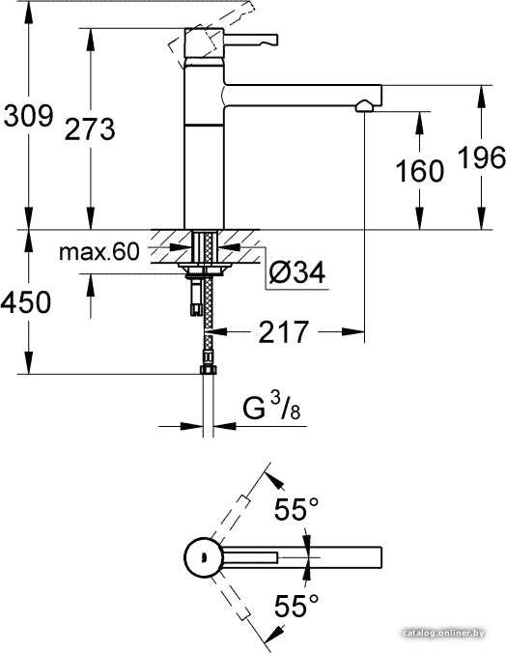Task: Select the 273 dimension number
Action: [90, 128]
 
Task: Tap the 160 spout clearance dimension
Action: [419, 171]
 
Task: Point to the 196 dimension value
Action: [482, 157]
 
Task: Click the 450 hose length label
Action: [26, 302]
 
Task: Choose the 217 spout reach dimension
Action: [284, 332]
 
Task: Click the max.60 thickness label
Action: [99, 252]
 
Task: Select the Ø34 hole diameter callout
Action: [296, 272]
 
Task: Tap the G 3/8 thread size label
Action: [271, 407]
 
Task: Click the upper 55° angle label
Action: [296, 508]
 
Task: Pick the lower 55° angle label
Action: [296, 605]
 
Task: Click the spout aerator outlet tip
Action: [365, 106]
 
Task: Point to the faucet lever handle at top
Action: [251, 40]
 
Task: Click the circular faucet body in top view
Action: [204, 557]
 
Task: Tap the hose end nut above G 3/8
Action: [208, 369]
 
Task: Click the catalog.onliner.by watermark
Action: [443, 633]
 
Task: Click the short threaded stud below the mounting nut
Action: [196, 298]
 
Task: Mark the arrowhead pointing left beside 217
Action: [218, 332]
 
